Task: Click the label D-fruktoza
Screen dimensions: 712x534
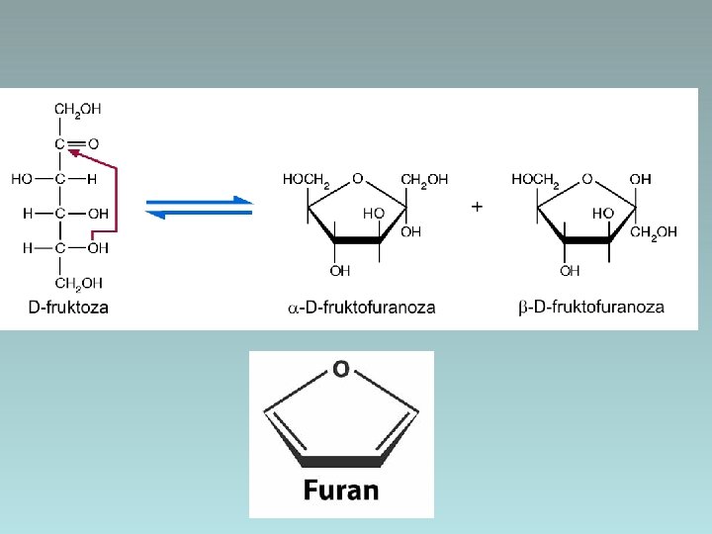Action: (x=68, y=308)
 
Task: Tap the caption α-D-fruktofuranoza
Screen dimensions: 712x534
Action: (x=361, y=308)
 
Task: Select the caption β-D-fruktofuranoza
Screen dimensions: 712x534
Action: (x=591, y=308)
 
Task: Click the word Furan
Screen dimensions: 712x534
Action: (x=340, y=489)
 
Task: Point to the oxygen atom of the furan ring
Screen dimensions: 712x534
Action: (x=340, y=370)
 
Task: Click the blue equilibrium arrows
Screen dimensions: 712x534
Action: (x=200, y=206)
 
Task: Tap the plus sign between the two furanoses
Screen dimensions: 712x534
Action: (x=478, y=208)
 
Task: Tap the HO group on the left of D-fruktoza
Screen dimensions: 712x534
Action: (x=21, y=179)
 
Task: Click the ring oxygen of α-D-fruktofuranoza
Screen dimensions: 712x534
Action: (x=357, y=179)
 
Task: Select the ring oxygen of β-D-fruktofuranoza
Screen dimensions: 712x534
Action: (x=587, y=179)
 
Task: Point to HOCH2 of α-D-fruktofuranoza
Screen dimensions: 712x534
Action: (x=307, y=180)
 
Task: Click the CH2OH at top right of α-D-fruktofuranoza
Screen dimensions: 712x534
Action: (x=424, y=179)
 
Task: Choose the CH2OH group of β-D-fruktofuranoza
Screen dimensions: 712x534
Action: (x=654, y=232)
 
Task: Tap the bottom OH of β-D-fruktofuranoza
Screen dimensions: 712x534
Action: (x=570, y=270)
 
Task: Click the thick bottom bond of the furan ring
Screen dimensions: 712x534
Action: (x=340, y=461)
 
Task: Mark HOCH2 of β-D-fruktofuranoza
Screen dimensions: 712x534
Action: (x=536, y=180)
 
